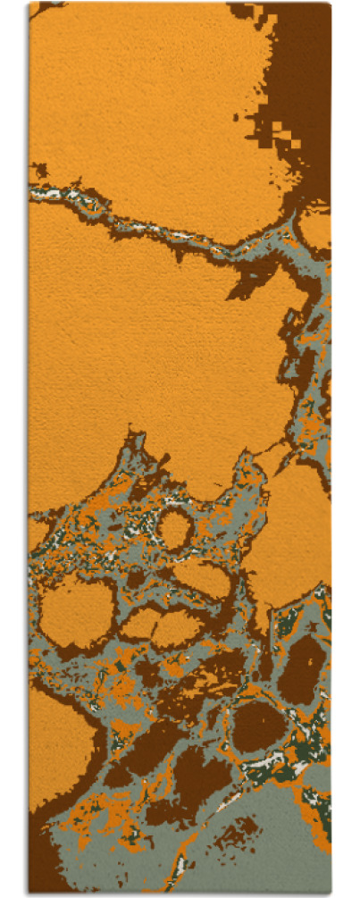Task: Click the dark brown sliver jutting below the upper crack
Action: (x=243, y=286)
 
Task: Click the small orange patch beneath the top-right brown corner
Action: (x=314, y=228)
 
